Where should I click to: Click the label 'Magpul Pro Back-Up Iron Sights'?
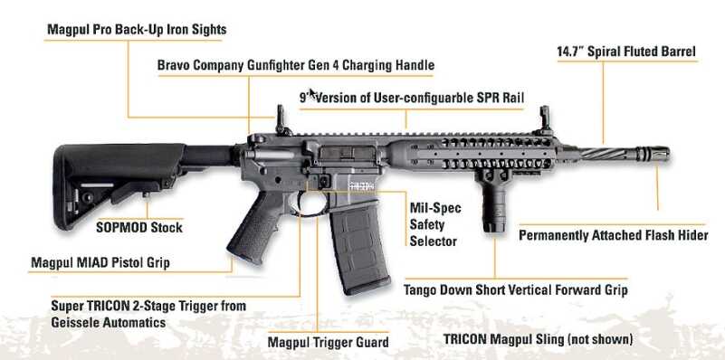click(137, 30)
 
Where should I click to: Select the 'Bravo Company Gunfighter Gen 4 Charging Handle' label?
click(296, 65)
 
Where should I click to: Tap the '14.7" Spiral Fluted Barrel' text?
click(626, 52)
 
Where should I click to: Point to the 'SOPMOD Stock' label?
click(139, 227)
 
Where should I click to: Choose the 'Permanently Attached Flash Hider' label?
click(613, 235)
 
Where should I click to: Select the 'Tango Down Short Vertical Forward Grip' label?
click(516, 291)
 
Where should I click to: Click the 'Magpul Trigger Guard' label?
click(328, 342)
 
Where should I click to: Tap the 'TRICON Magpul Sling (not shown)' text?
click(538, 339)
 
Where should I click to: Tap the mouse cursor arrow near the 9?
click(312, 93)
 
